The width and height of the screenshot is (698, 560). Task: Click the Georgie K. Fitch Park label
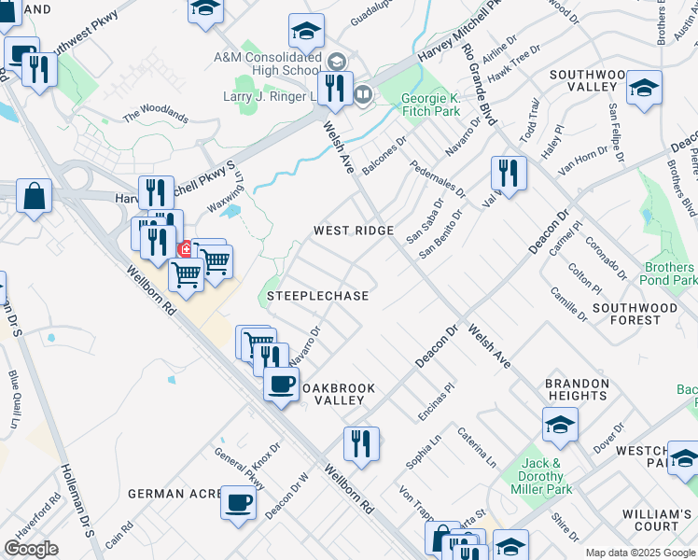point(430,104)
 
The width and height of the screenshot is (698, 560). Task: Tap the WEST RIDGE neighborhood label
point(353,231)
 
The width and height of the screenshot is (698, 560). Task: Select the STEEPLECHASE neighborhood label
point(317,296)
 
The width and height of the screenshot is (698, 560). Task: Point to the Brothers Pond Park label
point(670,273)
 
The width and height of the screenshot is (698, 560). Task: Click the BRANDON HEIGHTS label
point(578,389)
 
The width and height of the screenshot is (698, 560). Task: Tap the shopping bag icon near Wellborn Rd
point(34,196)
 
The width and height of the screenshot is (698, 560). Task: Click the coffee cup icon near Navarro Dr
point(281,383)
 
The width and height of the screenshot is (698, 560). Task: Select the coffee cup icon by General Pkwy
point(238,502)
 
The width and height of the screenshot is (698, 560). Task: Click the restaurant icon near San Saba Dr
point(509,173)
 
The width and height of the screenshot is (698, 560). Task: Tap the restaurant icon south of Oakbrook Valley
point(360,443)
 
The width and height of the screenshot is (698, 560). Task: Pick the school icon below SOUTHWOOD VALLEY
point(643,88)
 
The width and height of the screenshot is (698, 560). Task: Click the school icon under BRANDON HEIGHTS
point(560,425)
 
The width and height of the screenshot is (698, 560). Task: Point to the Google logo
point(31,549)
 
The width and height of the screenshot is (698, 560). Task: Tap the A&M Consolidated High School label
point(266,63)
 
